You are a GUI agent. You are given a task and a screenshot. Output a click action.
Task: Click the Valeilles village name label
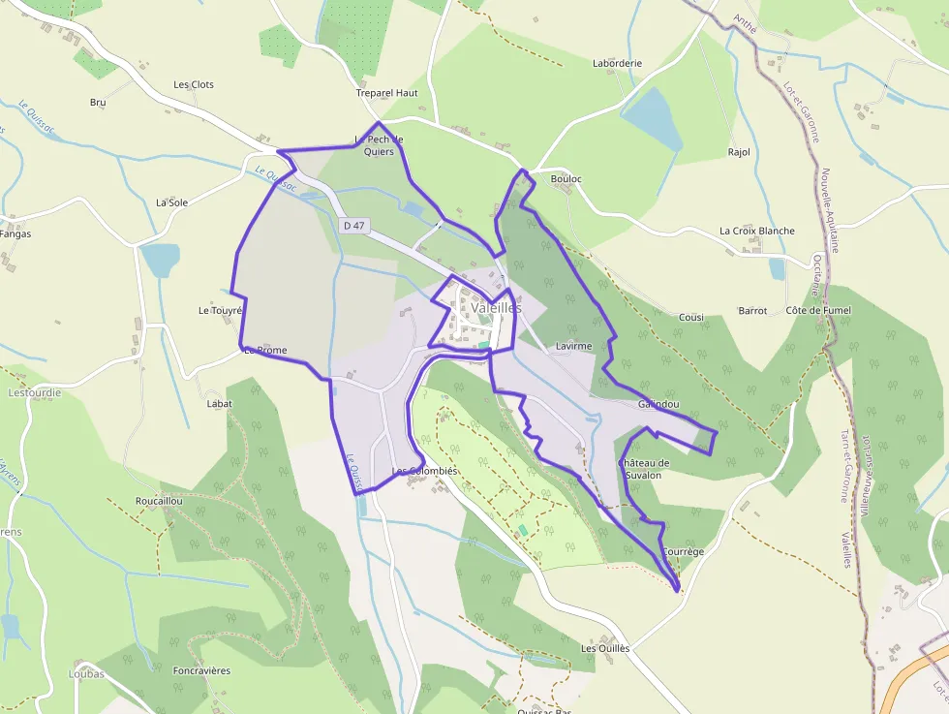[x=497, y=307]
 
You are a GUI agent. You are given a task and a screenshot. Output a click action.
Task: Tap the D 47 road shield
[x=354, y=225]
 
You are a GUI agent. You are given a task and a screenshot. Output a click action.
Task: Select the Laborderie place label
[x=617, y=63]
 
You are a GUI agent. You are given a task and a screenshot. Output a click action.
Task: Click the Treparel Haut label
[x=386, y=93]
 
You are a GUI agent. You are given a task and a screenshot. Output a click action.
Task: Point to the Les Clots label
[x=194, y=84]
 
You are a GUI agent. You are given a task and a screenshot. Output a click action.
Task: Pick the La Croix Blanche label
[x=756, y=231]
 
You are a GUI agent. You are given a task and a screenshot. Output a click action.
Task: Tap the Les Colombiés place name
[x=423, y=471]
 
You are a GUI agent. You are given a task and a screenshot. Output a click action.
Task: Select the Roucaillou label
[x=160, y=501]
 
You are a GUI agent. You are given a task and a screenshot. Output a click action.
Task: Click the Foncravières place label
[x=201, y=670]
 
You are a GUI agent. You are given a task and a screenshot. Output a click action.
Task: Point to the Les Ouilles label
[x=605, y=648]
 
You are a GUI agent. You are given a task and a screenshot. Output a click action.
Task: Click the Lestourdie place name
[x=34, y=393]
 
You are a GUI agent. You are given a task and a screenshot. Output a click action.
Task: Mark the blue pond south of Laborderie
[x=652, y=115]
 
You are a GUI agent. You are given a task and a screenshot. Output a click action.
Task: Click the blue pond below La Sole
[x=161, y=259]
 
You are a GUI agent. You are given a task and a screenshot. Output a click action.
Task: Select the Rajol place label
[x=739, y=152]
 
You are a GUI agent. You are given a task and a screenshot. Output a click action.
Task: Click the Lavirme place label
[x=573, y=345]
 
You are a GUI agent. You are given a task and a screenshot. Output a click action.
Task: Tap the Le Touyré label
[x=220, y=311]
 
